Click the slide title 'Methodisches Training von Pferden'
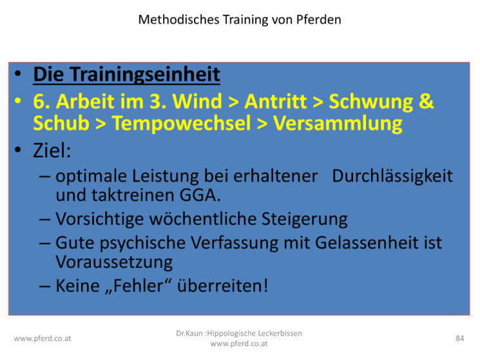(x=240, y=20)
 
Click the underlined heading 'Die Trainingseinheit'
(x=127, y=74)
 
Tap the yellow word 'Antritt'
(x=276, y=101)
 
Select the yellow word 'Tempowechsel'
(x=182, y=123)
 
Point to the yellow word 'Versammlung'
(x=338, y=124)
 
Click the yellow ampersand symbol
(x=426, y=101)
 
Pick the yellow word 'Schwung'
(x=371, y=102)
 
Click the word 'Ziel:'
(x=52, y=151)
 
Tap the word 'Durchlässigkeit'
(x=392, y=176)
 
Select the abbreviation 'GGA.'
(x=200, y=195)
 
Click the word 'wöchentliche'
(x=203, y=219)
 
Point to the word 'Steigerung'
(x=304, y=220)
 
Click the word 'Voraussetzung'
(x=114, y=262)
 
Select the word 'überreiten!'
(x=222, y=286)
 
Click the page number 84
(x=460, y=338)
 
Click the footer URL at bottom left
(x=43, y=339)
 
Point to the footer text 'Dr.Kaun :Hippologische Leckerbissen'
(x=239, y=334)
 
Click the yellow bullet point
(x=18, y=100)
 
